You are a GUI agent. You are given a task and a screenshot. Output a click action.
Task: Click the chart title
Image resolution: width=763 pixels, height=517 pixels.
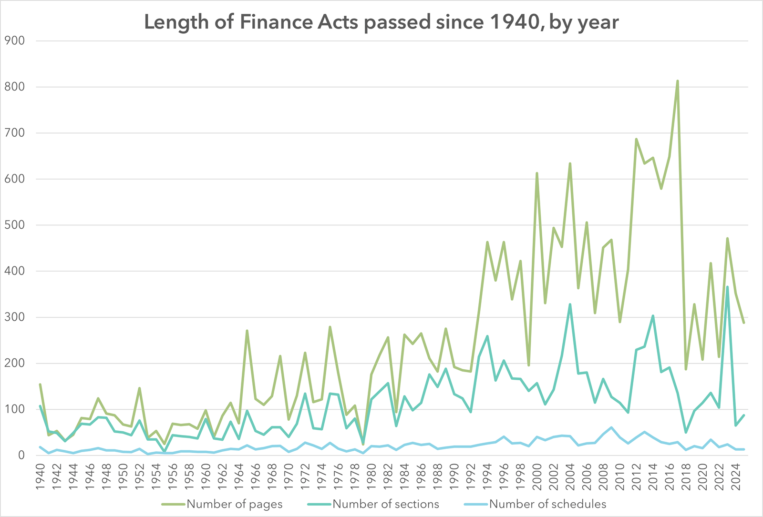pyautogui.click(x=381, y=22)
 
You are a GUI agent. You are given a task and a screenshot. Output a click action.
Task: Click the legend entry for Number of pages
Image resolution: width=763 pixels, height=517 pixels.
pyautogui.click(x=234, y=504)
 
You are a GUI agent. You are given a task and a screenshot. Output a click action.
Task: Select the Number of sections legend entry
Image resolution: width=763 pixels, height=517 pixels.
pyautogui.click(x=385, y=504)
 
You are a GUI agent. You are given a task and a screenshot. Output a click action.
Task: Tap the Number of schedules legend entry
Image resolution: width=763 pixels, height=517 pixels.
pyautogui.click(x=547, y=504)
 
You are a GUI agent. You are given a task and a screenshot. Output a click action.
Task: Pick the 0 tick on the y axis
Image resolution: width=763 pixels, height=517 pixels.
pyautogui.click(x=21, y=456)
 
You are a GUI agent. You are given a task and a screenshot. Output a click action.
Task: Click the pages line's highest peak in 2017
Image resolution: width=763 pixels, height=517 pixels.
pyautogui.click(x=678, y=81)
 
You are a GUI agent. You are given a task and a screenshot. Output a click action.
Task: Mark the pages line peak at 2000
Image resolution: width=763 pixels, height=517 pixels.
pyautogui.click(x=537, y=173)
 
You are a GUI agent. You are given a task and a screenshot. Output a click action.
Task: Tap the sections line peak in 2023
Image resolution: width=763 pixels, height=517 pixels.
pyautogui.click(x=727, y=287)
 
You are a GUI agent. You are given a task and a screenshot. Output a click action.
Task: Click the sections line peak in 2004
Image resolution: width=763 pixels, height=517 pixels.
pyautogui.click(x=570, y=304)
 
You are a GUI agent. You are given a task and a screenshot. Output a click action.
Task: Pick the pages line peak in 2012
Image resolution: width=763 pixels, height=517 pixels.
pyautogui.click(x=636, y=139)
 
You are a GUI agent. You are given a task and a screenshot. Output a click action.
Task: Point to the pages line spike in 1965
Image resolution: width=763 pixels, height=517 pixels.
pyautogui.click(x=247, y=331)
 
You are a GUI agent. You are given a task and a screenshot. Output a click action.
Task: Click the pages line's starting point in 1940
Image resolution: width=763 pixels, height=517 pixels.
pyautogui.click(x=40, y=385)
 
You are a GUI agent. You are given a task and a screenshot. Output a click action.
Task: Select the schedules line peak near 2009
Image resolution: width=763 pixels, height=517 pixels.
pyautogui.click(x=611, y=427)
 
